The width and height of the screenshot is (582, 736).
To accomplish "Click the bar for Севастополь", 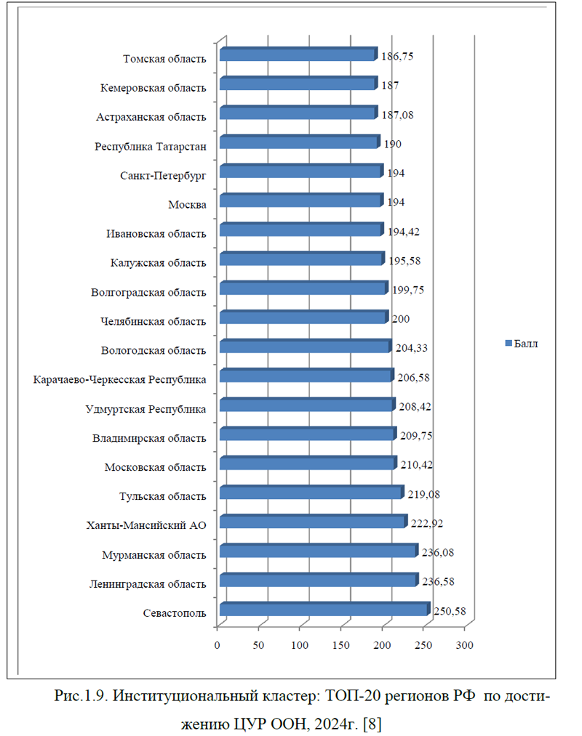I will pyautogui.click(x=324, y=610).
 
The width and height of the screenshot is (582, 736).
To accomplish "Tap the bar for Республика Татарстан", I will pyautogui.click(x=299, y=143).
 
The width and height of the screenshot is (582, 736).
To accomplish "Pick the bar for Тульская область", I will pyautogui.click(x=311, y=493).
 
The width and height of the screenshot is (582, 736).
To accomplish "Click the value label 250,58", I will pyautogui.click(x=450, y=611).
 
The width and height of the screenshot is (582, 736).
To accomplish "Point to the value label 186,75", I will pyautogui.click(x=397, y=56).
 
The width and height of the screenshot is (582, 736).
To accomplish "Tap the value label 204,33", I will pyautogui.click(x=411, y=348).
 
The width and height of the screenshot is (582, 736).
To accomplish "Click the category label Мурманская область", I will pyautogui.click(x=154, y=555).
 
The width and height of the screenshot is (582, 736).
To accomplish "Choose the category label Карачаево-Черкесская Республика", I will pyautogui.click(x=119, y=379).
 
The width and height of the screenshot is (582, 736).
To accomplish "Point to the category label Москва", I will pyautogui.click(x=187, y=204).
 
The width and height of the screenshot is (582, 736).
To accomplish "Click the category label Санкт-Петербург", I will pyautogui.click(x=163, y=175).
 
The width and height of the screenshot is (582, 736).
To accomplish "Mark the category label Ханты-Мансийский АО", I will pyautogui.click(x=146, y=526).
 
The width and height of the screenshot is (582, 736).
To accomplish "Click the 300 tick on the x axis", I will pyautogui.click(x=465, y=644).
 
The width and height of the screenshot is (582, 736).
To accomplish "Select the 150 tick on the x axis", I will pyautogui.click(x=341, y=644).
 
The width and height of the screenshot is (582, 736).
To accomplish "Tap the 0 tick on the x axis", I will pyautogui.click(x=217, y=644).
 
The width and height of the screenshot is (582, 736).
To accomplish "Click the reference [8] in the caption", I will pyautogui.click(x=371, y=722).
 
